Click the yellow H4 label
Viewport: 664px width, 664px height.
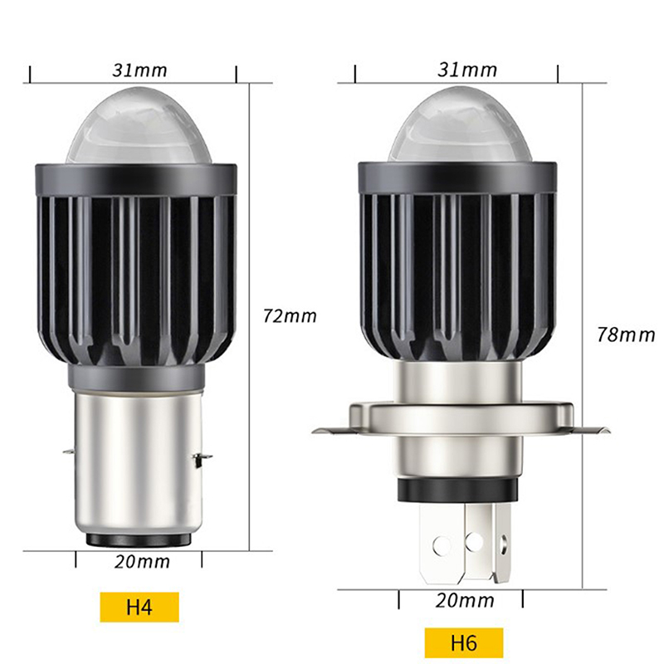coord(139,607)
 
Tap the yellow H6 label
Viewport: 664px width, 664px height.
coord(464,642)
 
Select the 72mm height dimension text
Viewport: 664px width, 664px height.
coord(290,316)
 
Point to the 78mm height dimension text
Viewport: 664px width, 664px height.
coord(626,334)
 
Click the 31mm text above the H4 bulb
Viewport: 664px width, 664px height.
coord(139,71)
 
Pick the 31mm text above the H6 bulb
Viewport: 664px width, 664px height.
coord(467,70)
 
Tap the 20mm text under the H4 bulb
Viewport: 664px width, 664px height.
coord(142,562)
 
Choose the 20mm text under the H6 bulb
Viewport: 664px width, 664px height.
coord(465,600)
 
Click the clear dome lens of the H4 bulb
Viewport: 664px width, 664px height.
coord(139,126)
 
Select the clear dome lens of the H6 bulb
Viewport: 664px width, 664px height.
coord(459,124)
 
